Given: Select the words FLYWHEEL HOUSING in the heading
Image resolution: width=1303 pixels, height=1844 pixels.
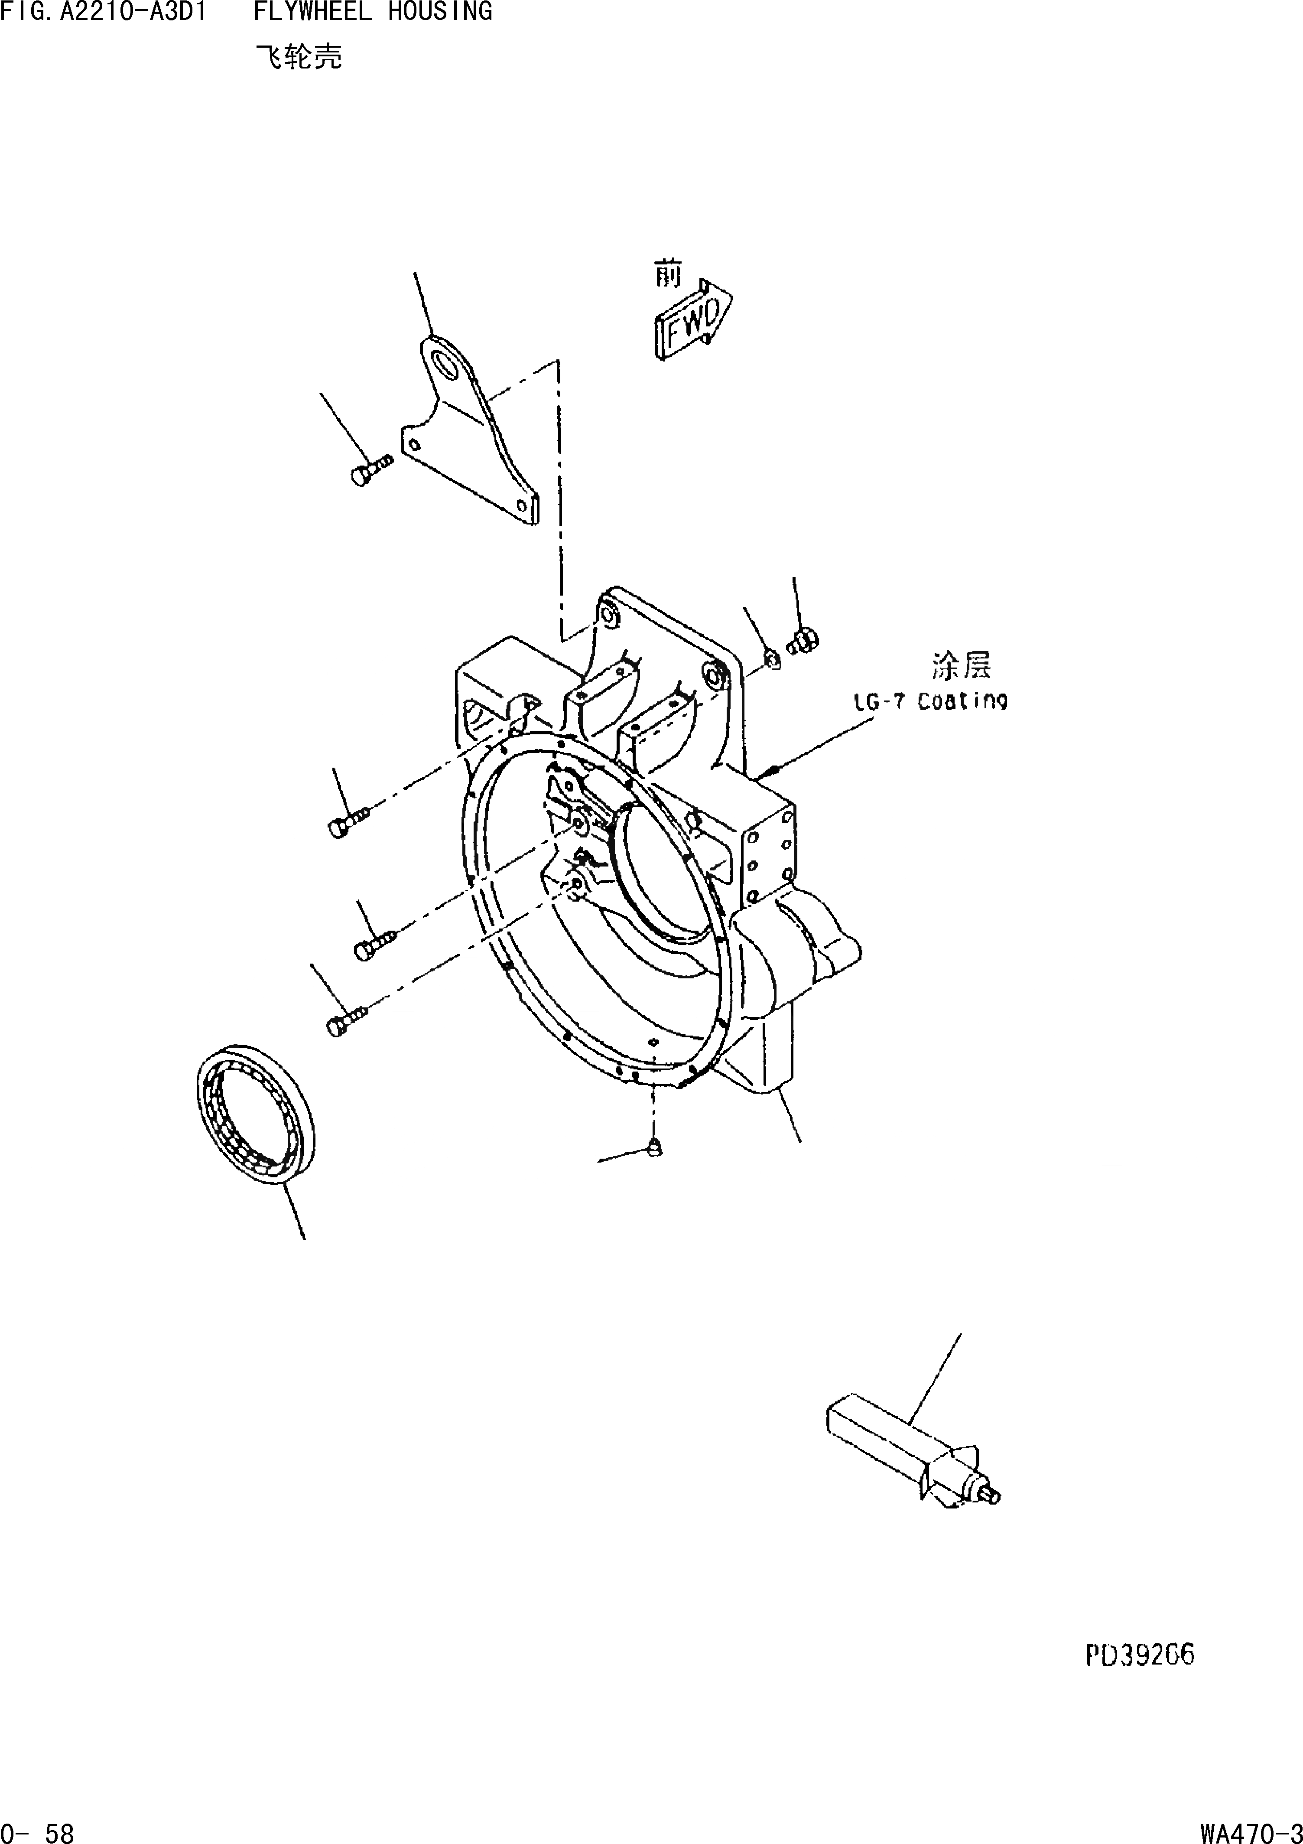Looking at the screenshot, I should pyautogui.click(x=373, y=12).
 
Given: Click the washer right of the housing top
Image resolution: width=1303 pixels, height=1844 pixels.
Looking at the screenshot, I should pyautogui.click(x=771, y=660).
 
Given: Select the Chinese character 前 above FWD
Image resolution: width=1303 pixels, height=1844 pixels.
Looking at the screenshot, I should pyautogui.click(x=667, y=276).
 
